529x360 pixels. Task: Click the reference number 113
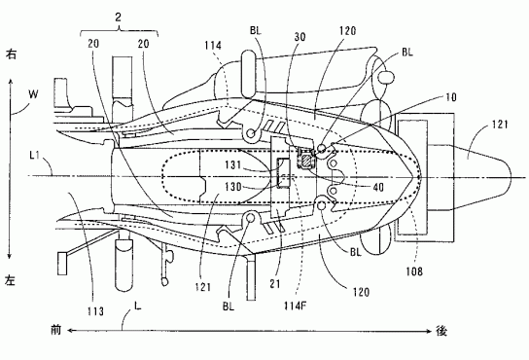click(95, 311)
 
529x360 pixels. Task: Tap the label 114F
click(296, 306)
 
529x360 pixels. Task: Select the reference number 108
click(414, 270)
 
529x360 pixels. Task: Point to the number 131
click(233, 164)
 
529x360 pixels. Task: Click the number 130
click(233, 187)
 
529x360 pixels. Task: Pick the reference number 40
click(378, 187)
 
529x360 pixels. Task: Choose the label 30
click(300, 36)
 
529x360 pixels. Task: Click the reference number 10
click(451, 97)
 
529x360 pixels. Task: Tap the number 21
click(275, 284)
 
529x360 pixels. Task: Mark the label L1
click(35, 156)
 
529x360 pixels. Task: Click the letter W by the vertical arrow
click(33, 94)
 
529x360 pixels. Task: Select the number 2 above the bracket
click(118, 18)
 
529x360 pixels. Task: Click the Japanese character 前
click(56, 330)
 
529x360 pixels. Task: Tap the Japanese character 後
click(441, 331)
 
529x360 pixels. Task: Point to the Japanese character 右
click(11, 54)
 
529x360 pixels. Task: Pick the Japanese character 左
click(10, 280)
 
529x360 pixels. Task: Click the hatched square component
click(305, 160)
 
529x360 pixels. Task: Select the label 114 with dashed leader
click(213, 45)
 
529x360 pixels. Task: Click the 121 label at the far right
click(499, 125)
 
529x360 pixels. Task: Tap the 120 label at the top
click(347, 31)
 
